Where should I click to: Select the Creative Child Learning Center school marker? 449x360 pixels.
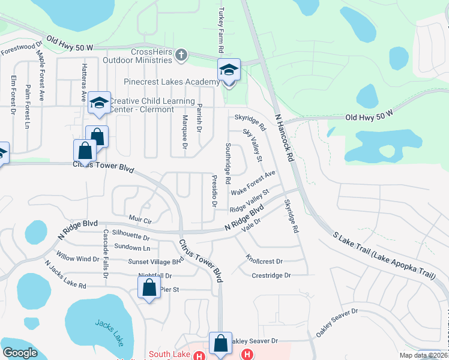(x=99, y=103)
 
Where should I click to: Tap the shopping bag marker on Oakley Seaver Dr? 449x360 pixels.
(x=220, y=344)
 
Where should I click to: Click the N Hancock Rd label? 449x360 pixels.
(x=285, y=137)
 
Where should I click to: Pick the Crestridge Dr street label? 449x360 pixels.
(x=271, y=275)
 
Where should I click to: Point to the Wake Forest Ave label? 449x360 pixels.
(x=253, y=183)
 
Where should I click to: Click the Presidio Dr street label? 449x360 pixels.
(x=214, y=190)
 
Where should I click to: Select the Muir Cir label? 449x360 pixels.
(x=140, y=220)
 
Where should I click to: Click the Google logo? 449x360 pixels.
(x=20, y=353)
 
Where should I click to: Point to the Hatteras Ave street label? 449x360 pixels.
(x=83, y=83)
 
